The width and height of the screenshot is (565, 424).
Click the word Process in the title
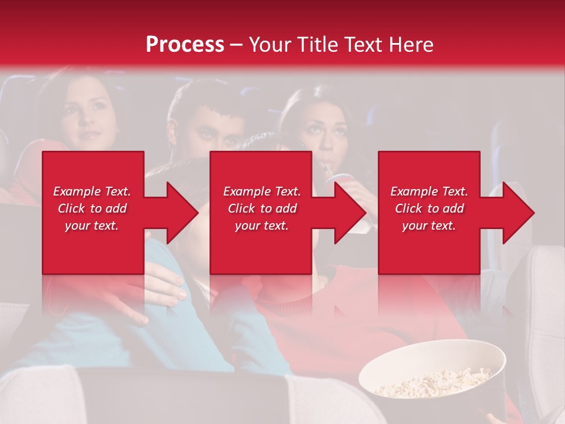(185, 45)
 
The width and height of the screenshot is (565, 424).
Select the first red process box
(93, 247)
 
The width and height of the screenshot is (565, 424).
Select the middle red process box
(261, 247)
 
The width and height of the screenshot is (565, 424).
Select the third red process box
(428, 247)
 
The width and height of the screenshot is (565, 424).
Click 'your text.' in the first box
(92, 226)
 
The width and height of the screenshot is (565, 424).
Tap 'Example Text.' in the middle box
(262, 191)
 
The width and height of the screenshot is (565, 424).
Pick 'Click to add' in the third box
(430, 208)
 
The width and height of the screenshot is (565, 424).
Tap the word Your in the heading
(271, 45)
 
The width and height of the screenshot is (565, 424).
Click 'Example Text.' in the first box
(92, 191)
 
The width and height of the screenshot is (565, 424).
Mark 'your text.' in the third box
(429, 226)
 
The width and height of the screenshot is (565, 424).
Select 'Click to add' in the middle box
(262, 208)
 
